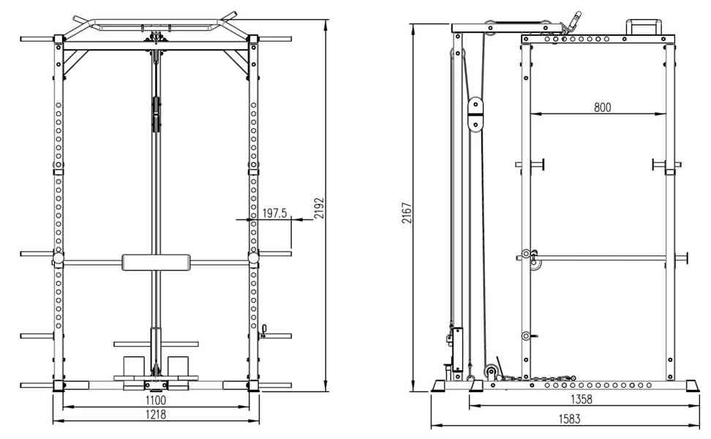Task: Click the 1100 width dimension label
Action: point(156,400)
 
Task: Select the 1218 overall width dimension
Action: point(156,415)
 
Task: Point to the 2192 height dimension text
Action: point(319,209)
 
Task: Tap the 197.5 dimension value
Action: point(275,213)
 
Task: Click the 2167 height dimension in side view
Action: point(407,213)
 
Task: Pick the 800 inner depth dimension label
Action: point(602,108)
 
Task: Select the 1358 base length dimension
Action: point(582,399)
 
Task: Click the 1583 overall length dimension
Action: point(569,419)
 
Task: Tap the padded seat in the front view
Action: point(156,263)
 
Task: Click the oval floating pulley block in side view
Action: point(475,114)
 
